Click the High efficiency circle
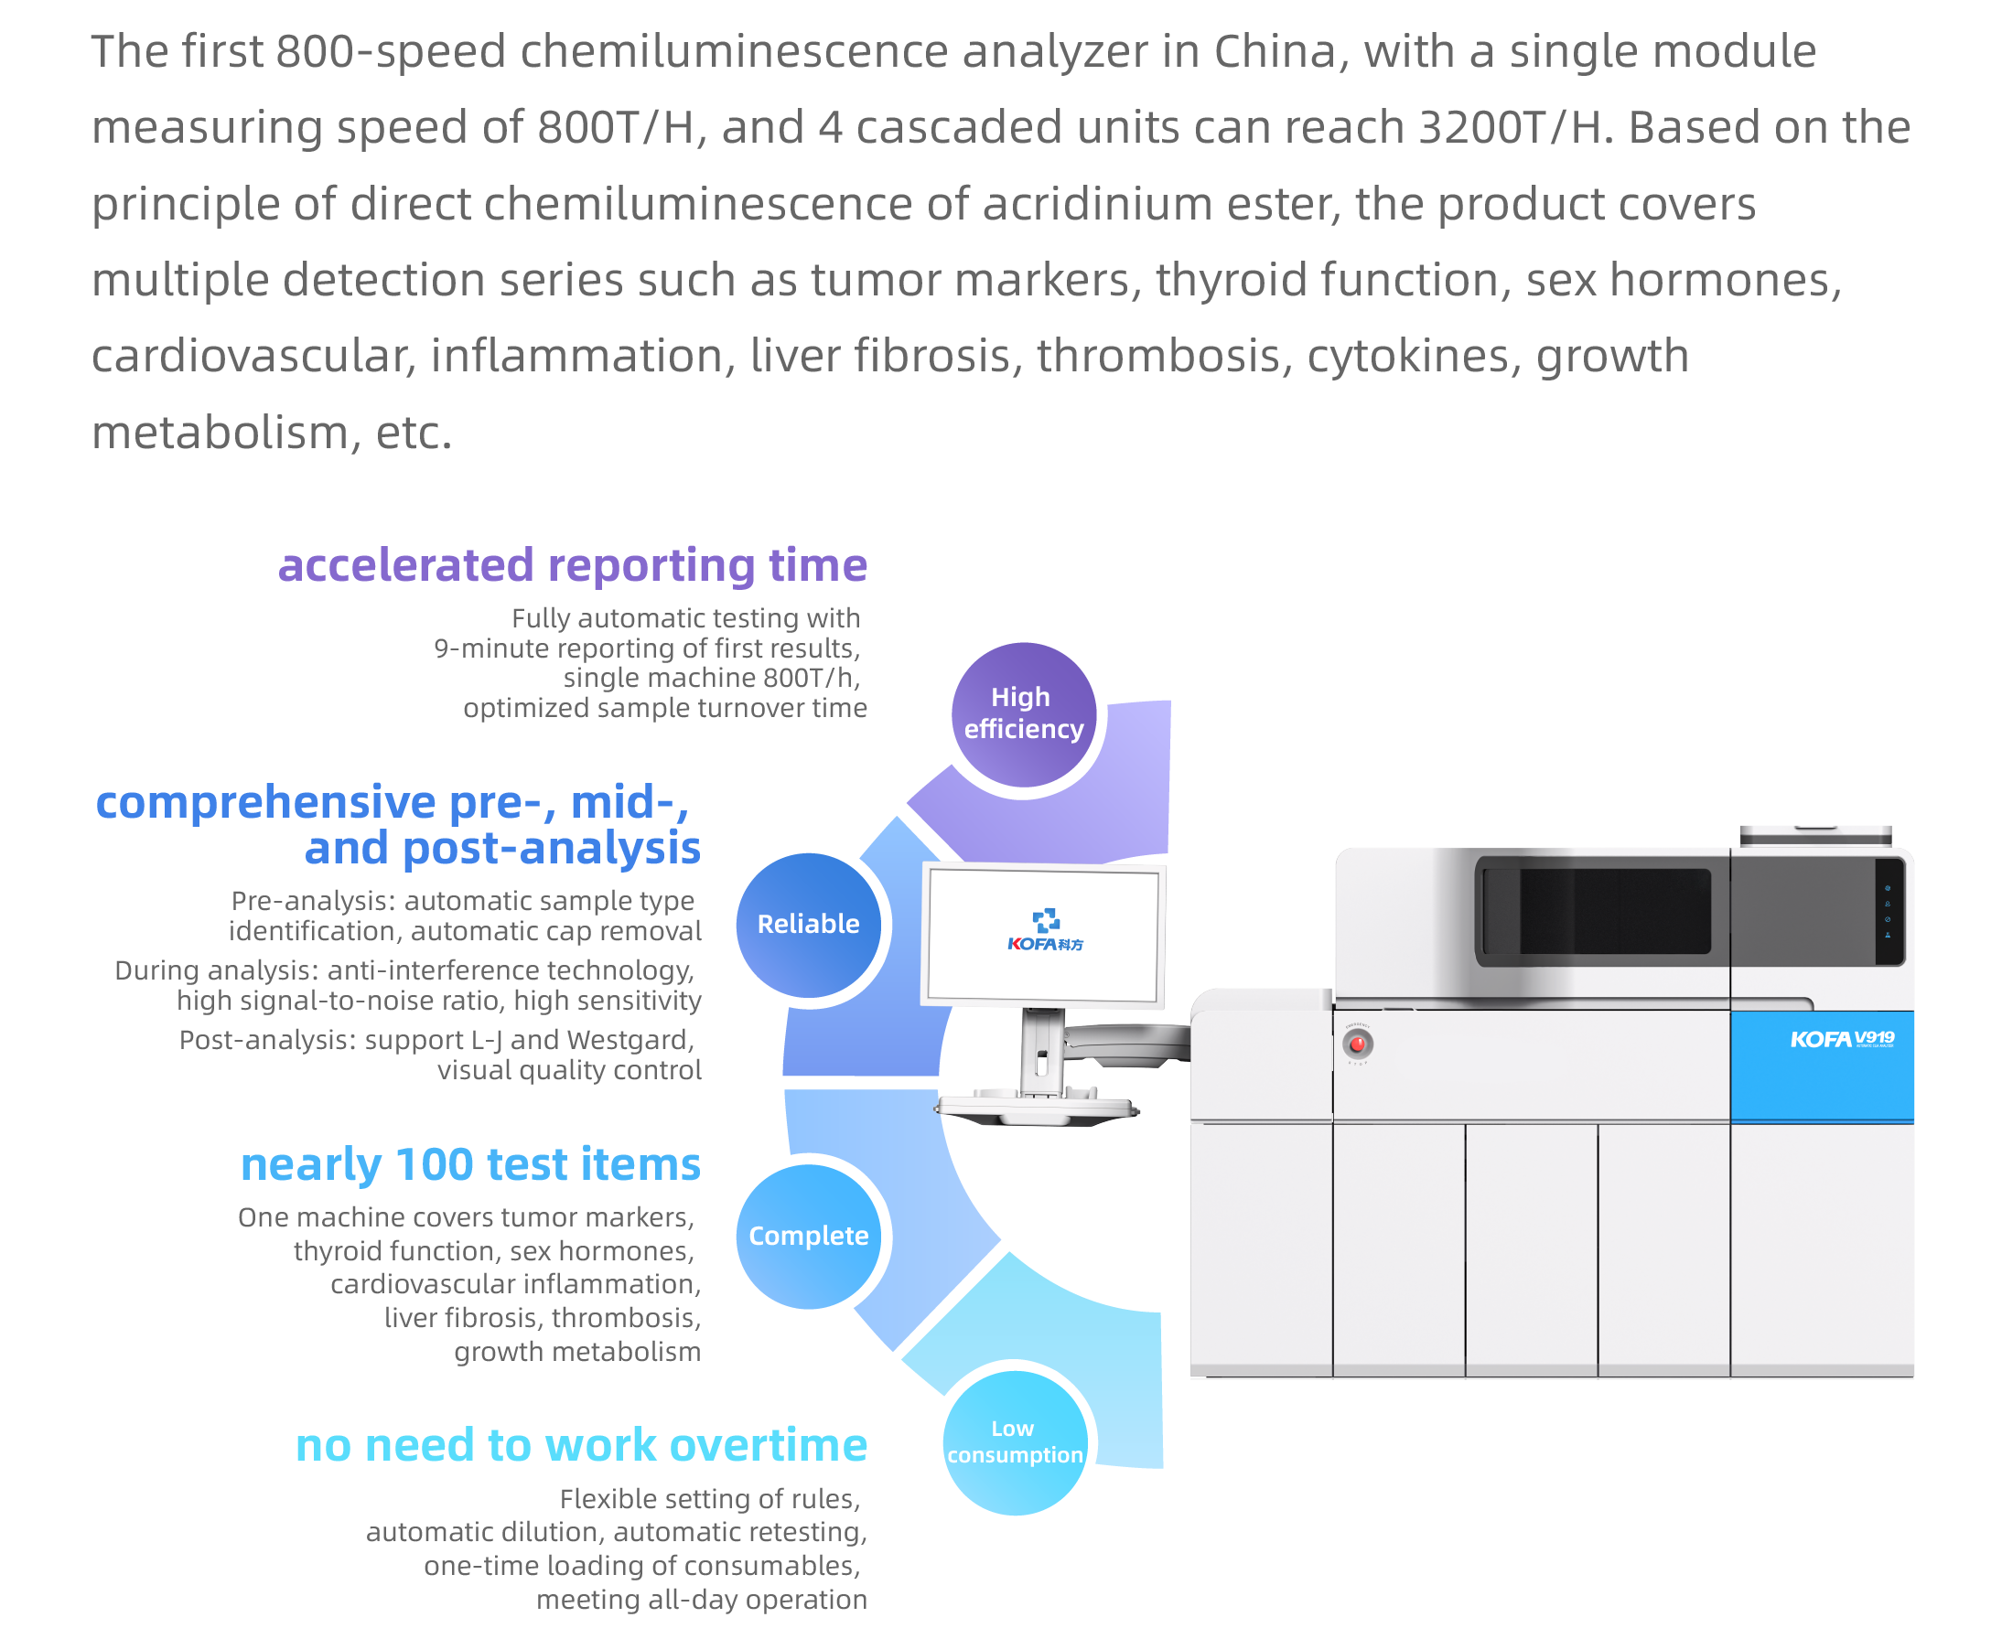1023,713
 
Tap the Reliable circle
808,925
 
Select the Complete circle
808,1236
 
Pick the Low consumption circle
1014,1441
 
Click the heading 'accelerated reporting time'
572,565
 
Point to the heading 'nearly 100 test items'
470,1164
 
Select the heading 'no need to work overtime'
581,1444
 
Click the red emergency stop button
1357,1044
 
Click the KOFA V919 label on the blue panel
1841,1040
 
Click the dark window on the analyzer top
1596,912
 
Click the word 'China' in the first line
1274,51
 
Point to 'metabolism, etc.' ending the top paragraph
272,433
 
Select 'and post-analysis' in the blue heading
502,848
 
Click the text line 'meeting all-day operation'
702,1600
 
